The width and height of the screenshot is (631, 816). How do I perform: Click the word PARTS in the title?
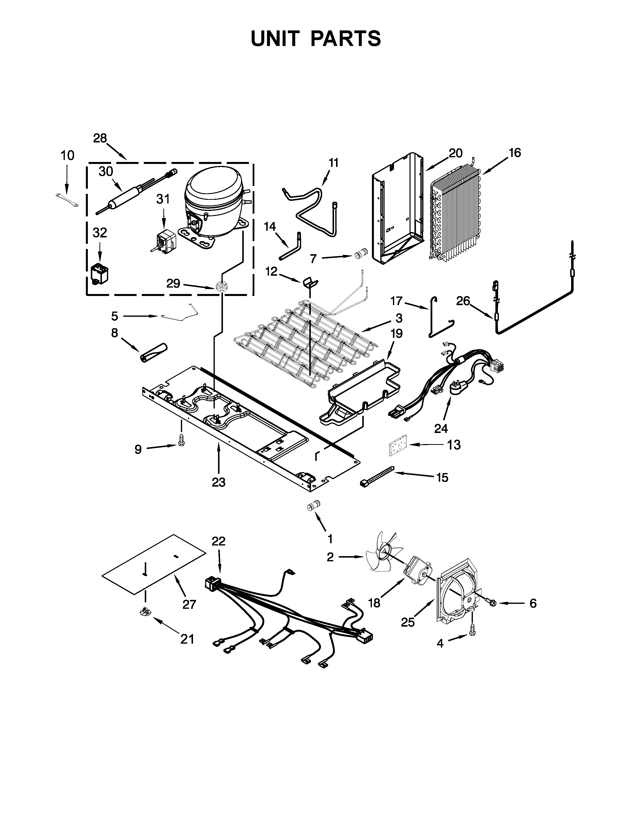pos(345,39)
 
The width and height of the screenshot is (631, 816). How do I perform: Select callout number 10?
pos(68,156)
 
